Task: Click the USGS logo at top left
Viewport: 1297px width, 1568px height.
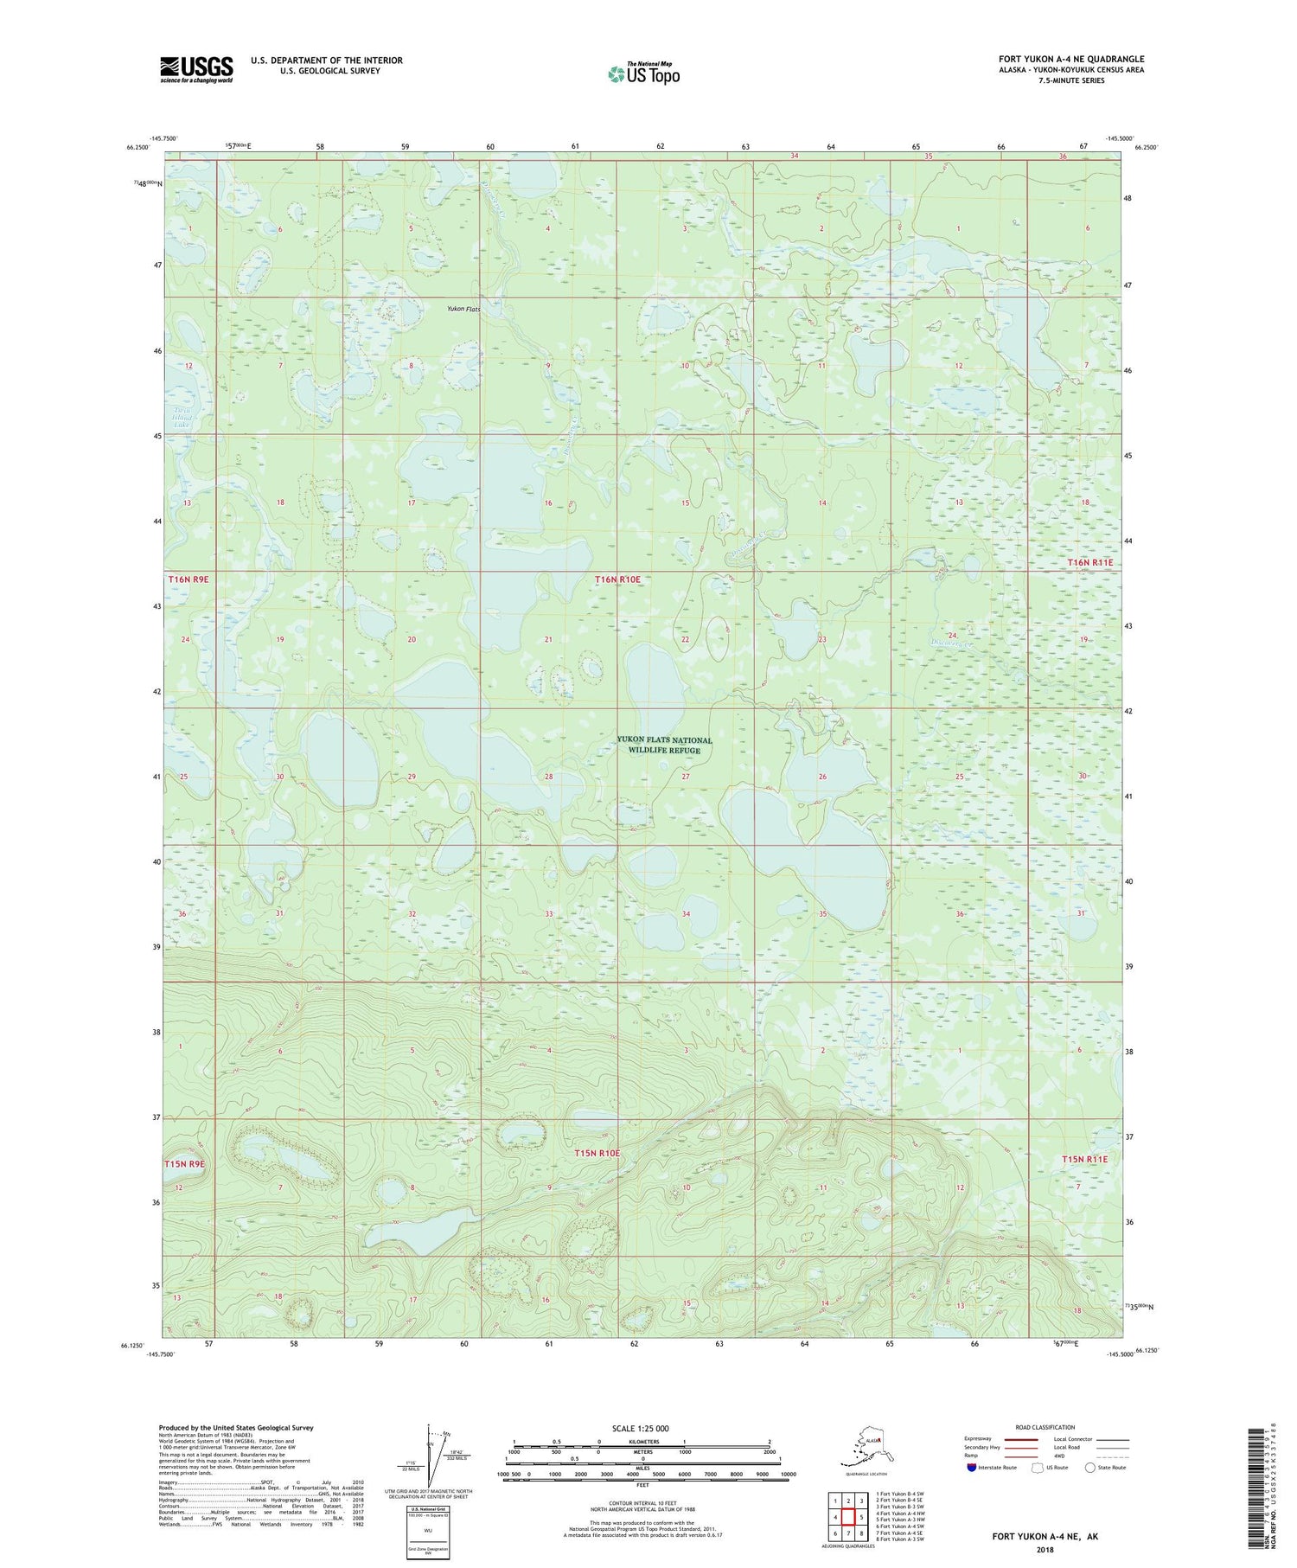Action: point(196,69)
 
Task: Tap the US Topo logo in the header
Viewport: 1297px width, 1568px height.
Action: point(643,74)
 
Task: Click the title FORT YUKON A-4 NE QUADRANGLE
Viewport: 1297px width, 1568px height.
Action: point(1071,59)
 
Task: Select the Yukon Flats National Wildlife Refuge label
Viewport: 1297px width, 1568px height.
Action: point(664,745)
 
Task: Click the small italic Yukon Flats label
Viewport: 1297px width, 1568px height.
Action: point(463,309)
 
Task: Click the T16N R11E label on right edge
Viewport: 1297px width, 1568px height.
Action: point(1090,562)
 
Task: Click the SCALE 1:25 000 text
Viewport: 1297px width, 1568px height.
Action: point(639,1428)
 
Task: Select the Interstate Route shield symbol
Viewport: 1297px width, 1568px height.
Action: point(972,1468)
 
